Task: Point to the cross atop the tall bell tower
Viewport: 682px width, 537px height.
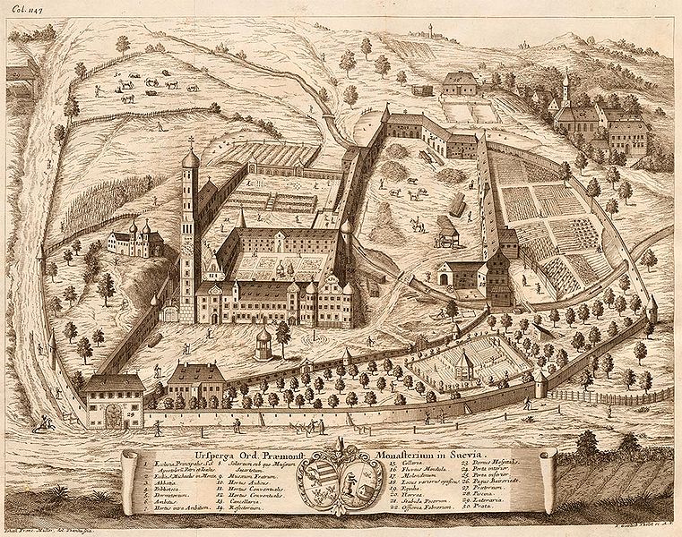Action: [x=190, y=141]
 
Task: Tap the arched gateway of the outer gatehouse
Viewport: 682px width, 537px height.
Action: [x=113, y=416]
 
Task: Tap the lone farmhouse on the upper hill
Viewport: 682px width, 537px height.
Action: [x=460, y=83]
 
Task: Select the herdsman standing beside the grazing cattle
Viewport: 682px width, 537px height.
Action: [x=97, y=89]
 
